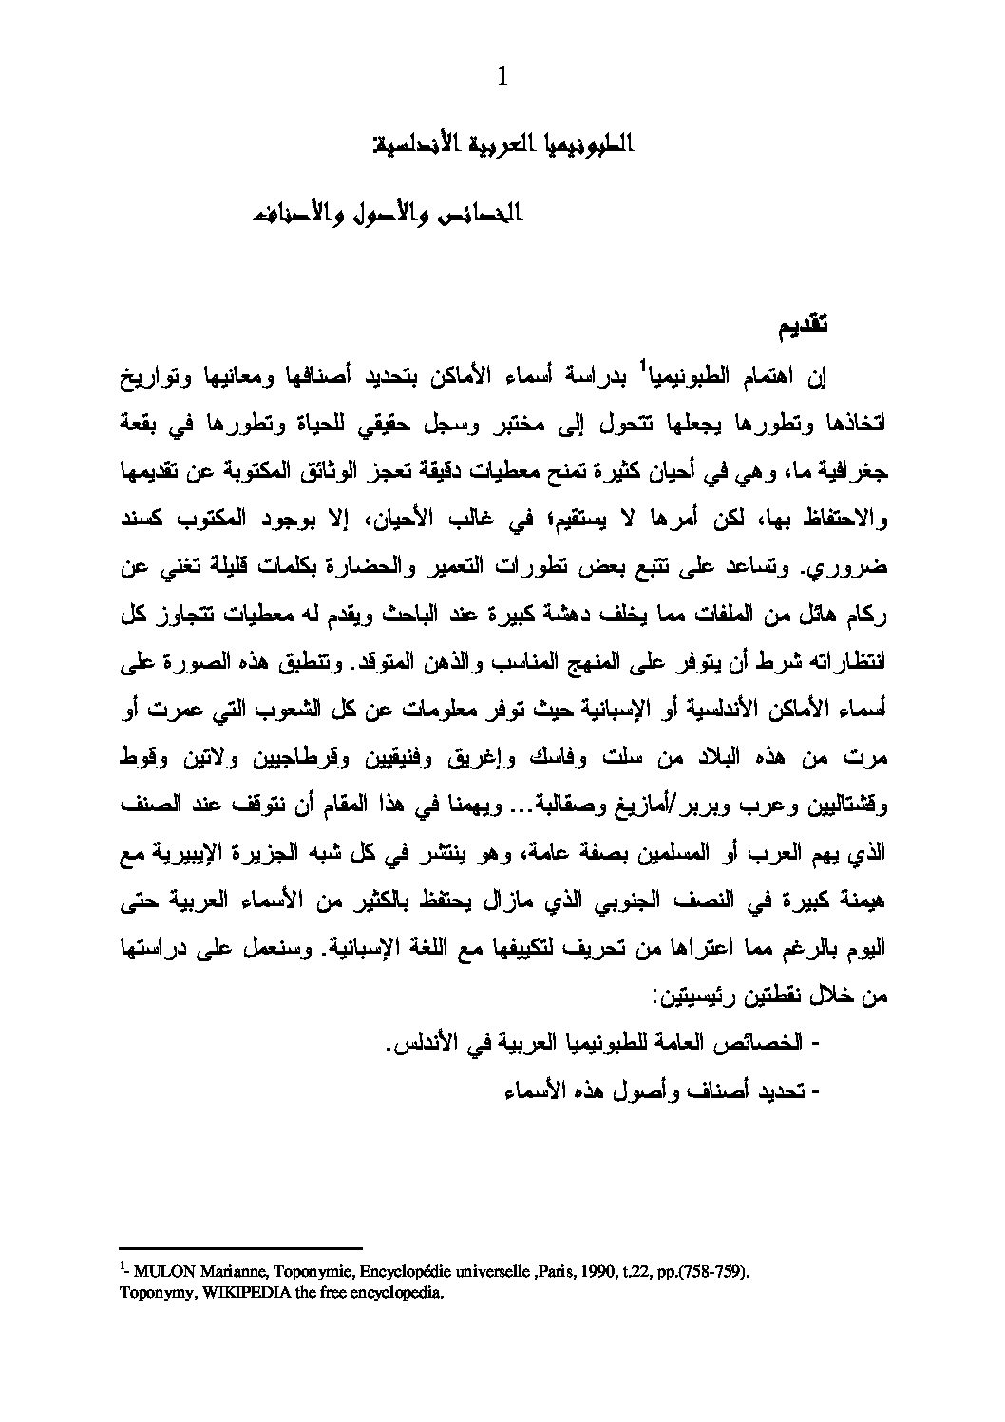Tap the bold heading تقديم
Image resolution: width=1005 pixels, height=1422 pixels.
[x=802, y=326]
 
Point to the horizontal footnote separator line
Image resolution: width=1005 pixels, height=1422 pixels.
[x=241, y=1247]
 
